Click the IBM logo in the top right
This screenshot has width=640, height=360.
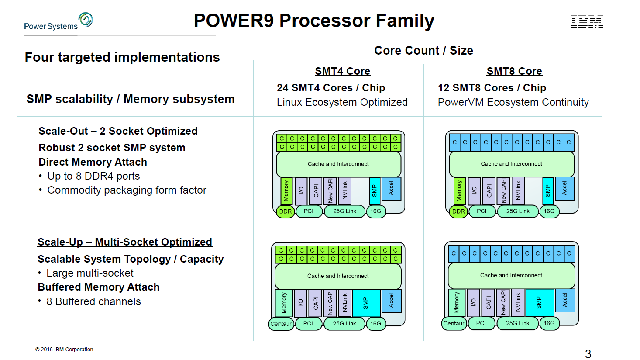[587, 21]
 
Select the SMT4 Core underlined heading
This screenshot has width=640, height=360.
[342, 71]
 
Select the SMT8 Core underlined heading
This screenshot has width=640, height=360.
[514, 71]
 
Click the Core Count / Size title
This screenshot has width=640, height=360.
[423, 51]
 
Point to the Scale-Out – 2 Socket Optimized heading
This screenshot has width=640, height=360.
[118, 131]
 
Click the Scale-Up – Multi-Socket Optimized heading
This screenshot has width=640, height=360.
[125, 242]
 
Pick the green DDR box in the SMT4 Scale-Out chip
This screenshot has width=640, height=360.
[286, 211]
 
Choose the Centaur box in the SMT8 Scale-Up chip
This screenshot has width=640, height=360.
[454, 323]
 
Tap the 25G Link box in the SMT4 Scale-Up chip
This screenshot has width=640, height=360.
[344, 324]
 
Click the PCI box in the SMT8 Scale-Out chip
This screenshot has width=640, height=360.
[482, 211]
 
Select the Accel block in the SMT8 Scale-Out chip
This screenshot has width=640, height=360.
[564, 189]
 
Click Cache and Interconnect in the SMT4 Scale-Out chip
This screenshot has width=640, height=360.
[338, 164]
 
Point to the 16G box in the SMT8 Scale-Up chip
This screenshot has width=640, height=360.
[549, 323]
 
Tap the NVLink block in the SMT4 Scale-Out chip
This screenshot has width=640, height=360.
[345, 190]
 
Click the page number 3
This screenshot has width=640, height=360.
[588, 353]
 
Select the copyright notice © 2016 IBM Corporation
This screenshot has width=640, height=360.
[64, 350]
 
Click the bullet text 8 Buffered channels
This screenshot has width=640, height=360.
[93, 301]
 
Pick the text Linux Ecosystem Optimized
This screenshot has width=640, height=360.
[342, 102]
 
